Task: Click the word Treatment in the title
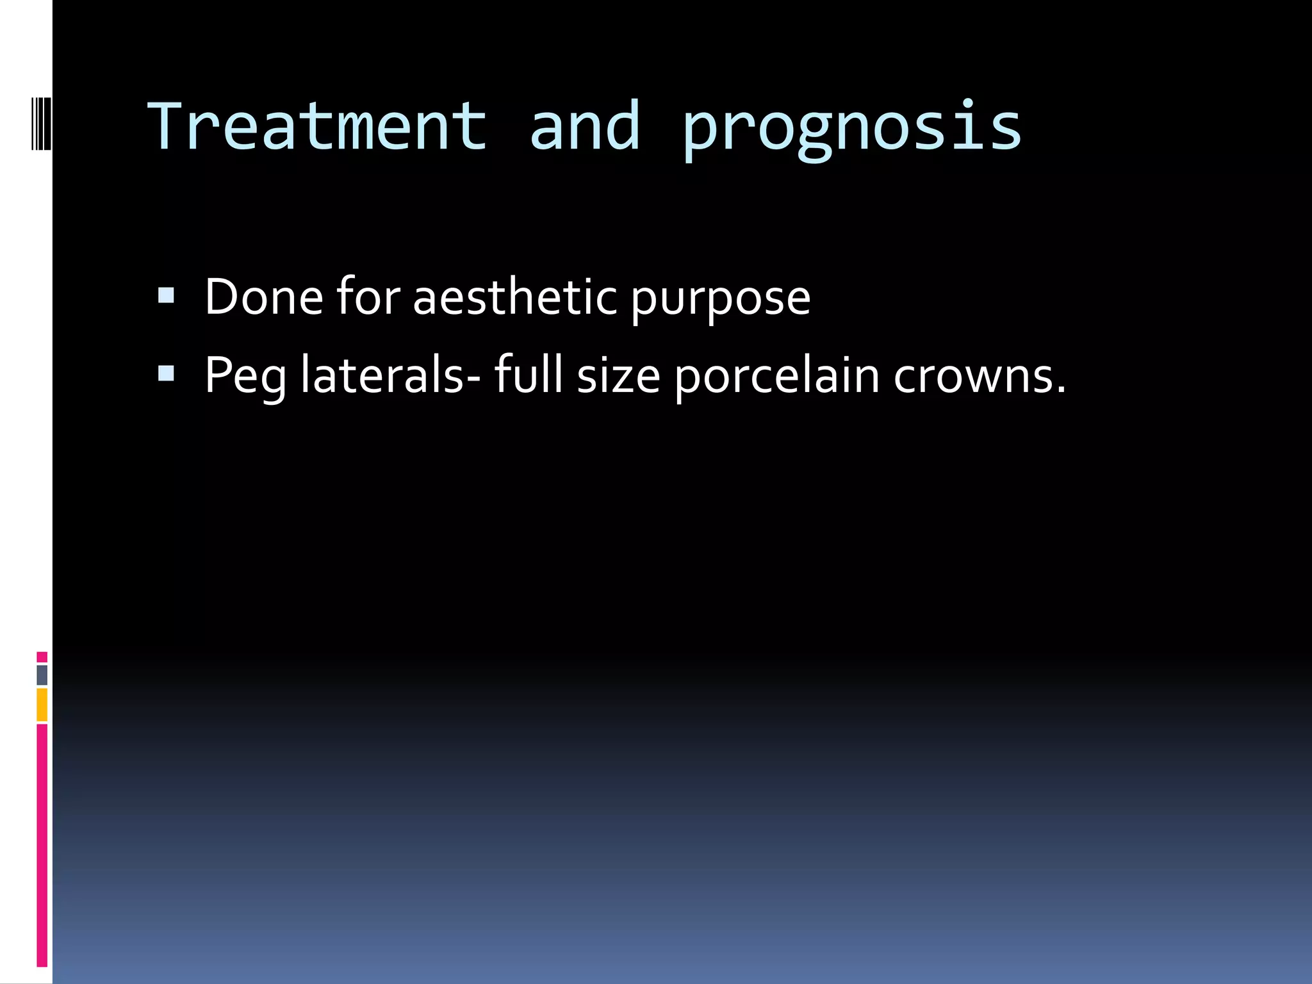point(318,127)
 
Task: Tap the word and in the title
point(584,127)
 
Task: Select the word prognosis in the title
point(851,128)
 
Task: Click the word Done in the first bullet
point(263,297)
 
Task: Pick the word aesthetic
point(515,297)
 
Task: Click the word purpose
point(720,300)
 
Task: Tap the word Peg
point(245,377)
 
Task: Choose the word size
point(618,377)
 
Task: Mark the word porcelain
point(777,377)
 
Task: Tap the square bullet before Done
point(166,295)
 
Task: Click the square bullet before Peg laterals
point(166,373)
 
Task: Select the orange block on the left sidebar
point(42,705)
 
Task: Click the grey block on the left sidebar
point(42,675)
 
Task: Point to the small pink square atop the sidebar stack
point(42,657)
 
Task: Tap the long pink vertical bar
point(42,846)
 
